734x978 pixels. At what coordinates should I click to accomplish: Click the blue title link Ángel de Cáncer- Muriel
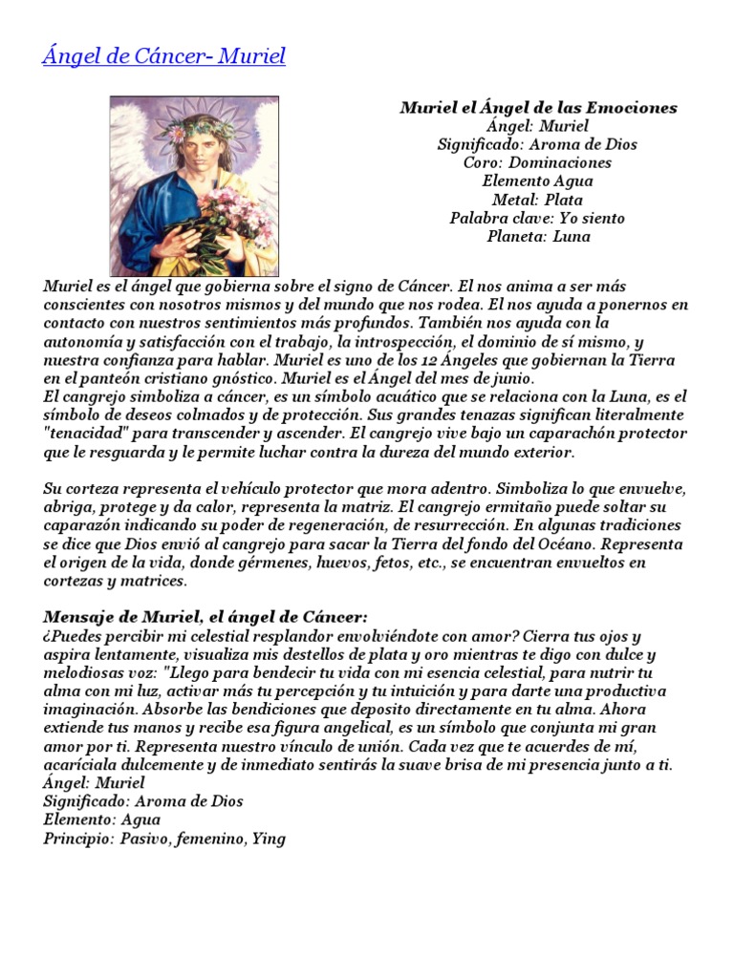click(x=163, y=56)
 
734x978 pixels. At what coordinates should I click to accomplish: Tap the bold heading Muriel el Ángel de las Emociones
click(x=538, y=108)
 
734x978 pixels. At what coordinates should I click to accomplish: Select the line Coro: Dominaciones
click(x=538, y=162)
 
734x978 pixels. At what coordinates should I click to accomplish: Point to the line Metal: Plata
click(x=538, y=200)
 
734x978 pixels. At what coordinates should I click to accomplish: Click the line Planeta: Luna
click(x=538, y=237)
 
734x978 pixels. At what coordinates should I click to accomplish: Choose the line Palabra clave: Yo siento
click(x=538, y=218)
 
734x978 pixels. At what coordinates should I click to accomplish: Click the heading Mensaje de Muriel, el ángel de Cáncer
click(x=205, y=617)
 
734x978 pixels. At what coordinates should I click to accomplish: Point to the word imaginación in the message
click(x=87, y=710)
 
